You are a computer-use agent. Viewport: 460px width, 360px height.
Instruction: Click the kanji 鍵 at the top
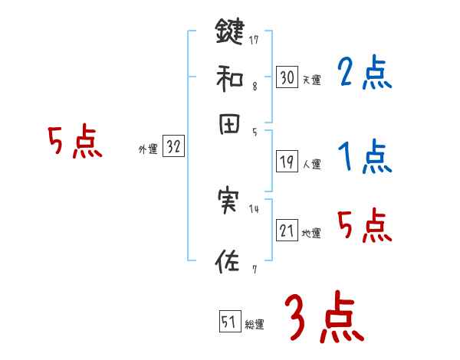[x=230, y=31]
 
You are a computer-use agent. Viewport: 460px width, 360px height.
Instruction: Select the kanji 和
[x=230, y=77]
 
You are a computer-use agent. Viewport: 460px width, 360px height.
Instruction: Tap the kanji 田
[x=229, y=125]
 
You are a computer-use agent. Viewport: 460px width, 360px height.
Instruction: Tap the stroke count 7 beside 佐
[x=254, y=268]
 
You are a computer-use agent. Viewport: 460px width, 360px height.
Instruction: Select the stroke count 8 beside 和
[x=254, y=87]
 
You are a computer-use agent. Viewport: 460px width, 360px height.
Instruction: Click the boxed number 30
[x=287, y=77]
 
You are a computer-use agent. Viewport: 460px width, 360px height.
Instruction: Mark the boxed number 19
[x=287, y=162]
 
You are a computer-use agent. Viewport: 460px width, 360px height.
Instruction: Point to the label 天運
[x=311, y=80]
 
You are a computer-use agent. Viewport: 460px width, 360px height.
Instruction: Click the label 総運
[x=255, y=325]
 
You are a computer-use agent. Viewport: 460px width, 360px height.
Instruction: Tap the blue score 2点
[x=365, y=74]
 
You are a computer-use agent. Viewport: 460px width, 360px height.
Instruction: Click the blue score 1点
[x=365, y=159]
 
